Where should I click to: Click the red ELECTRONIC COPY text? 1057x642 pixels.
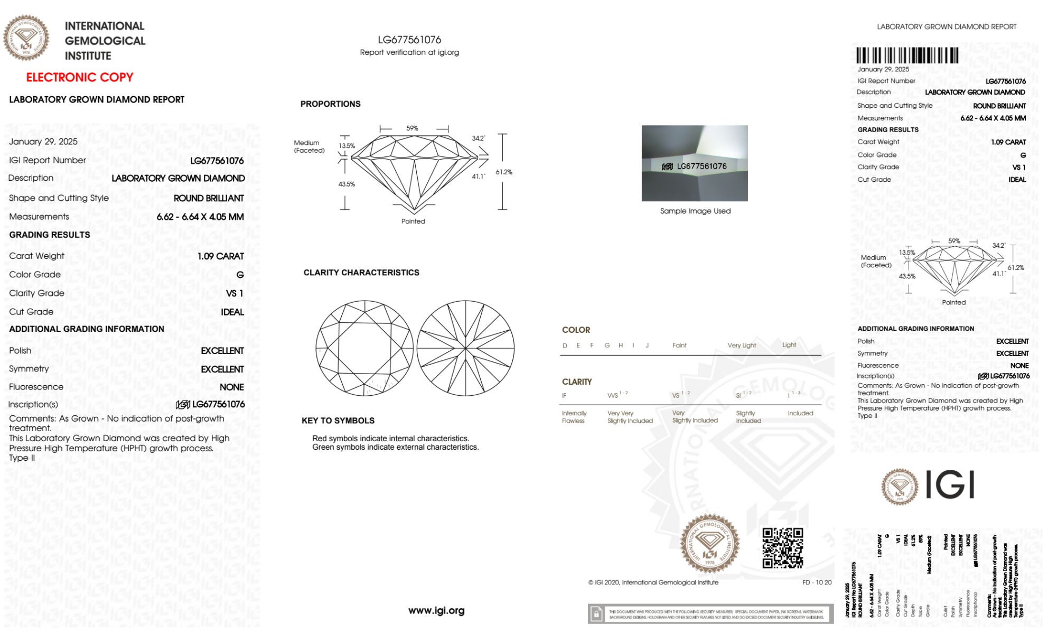pos(80,78)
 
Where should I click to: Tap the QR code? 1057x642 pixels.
pos(782,548)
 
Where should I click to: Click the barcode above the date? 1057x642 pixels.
pos(907,55)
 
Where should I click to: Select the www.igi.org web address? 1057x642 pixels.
pos(436,611)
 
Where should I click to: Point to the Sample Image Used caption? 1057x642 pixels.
pos(695,211)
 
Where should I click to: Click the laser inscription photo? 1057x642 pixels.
pos(695,163)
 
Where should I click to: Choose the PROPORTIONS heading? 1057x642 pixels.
pos(330,104)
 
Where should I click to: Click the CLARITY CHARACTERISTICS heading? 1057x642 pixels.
pos(361,273)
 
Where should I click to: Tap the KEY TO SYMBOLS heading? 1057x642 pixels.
pos(338,421)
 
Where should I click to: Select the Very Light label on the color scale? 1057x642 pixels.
pos(742,346)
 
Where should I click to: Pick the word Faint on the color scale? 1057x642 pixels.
pos(679,346)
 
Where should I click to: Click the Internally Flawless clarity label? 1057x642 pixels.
pos(574,417)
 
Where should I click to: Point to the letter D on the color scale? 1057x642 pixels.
pos(565,346)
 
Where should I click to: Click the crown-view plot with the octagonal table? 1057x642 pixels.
pos(364,348)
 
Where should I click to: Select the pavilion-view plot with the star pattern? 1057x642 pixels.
pos(465,348)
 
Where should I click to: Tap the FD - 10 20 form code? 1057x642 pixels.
pos(817,582)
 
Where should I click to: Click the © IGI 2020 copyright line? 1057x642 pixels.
pos(653,582)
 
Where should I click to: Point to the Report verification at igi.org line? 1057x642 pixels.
pos(409,52)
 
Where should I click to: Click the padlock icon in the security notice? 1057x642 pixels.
pos(596,614)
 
